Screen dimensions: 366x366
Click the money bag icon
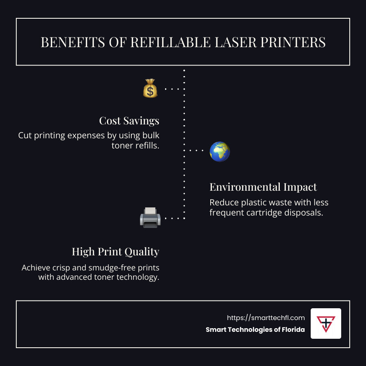pos(150,88)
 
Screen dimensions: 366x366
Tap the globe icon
pos(220,152)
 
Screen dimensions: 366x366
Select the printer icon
pos(150,218)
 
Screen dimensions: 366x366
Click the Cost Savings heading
pos(129,121)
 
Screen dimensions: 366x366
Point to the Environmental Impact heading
pos(263,187)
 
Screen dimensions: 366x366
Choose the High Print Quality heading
pos(115,252)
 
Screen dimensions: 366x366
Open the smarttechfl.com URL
pos(266,318)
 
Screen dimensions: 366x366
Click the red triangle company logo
pos(326,323)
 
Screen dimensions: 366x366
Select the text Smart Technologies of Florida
pos(255,330)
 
